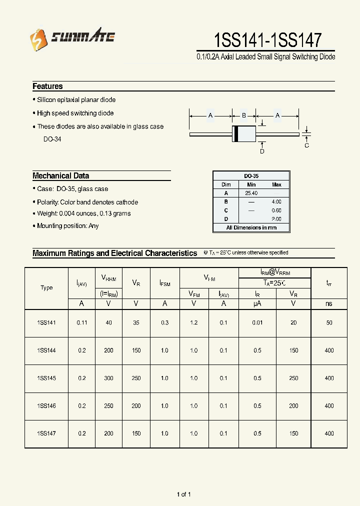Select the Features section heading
47,86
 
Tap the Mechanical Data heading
60,176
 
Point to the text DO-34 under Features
52,139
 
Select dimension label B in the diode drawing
244,116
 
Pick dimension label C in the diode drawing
307,145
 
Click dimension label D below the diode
262,151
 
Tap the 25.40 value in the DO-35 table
251,193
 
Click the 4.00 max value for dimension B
276,201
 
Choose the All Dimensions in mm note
251,227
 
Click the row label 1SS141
46,323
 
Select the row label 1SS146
46,406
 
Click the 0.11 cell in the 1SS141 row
82,323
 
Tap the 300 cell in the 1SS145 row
109,378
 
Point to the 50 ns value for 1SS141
329,323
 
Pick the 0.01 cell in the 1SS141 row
257,323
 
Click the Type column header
46,288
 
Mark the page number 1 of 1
183,494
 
